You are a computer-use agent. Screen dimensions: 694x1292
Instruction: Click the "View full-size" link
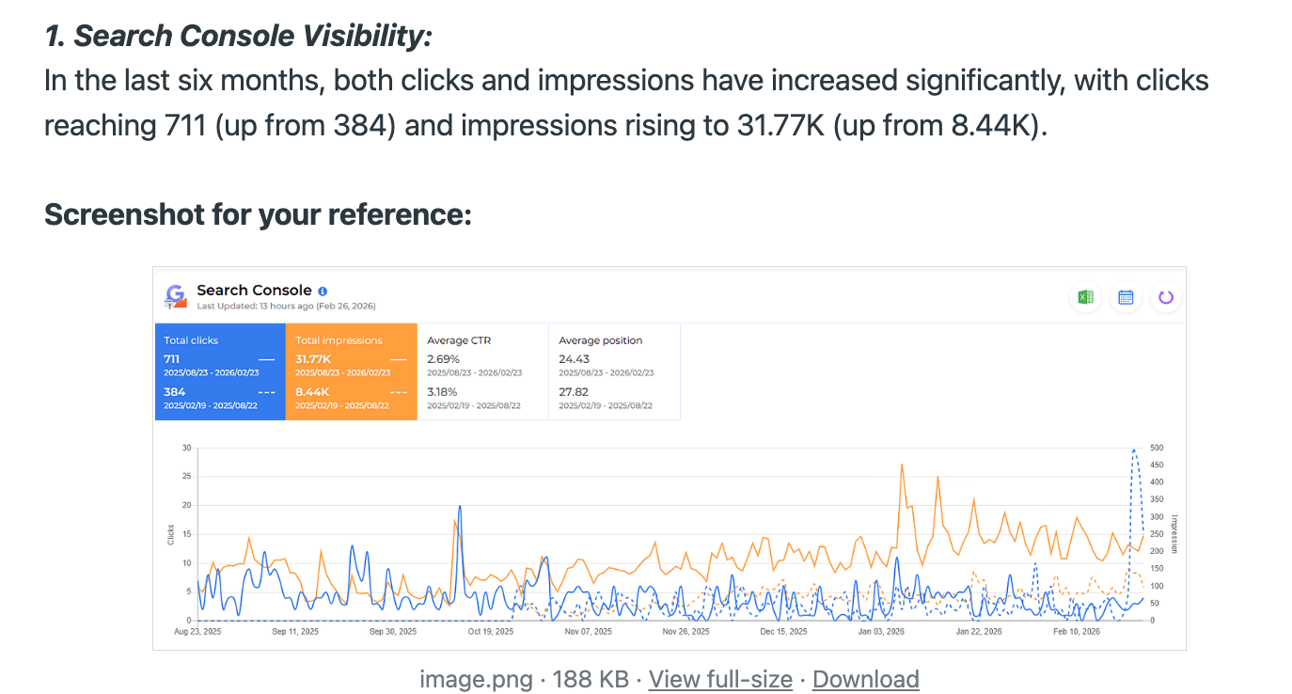720,679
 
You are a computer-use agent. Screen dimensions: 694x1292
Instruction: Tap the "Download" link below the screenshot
865,679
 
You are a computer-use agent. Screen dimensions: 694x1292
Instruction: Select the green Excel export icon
1085,297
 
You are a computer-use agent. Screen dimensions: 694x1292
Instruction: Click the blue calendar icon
1126,297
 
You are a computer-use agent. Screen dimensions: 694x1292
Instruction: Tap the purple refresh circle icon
1166,297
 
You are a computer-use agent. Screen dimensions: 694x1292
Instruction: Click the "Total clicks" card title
191,340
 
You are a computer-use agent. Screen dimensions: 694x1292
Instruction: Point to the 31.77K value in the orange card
312,359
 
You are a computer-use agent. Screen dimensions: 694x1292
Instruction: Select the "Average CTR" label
459,340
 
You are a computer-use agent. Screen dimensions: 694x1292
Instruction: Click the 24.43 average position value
575,359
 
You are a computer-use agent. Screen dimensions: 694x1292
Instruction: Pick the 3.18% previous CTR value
443,391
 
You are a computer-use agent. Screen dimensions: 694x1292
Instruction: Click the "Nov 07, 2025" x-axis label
589,632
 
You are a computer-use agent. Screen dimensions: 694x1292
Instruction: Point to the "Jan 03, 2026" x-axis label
881,632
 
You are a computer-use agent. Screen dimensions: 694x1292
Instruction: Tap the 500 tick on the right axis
1158,448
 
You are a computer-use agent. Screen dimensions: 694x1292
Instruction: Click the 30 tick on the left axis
187,448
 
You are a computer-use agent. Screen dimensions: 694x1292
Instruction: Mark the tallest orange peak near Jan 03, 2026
902,465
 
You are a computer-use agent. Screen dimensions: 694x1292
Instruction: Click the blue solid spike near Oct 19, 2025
460,507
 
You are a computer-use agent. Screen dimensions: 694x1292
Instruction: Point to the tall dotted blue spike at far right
1135,451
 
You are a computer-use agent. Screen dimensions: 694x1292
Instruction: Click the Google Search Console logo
175,297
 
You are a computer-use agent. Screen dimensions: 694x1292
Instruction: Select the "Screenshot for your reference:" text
258,214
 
